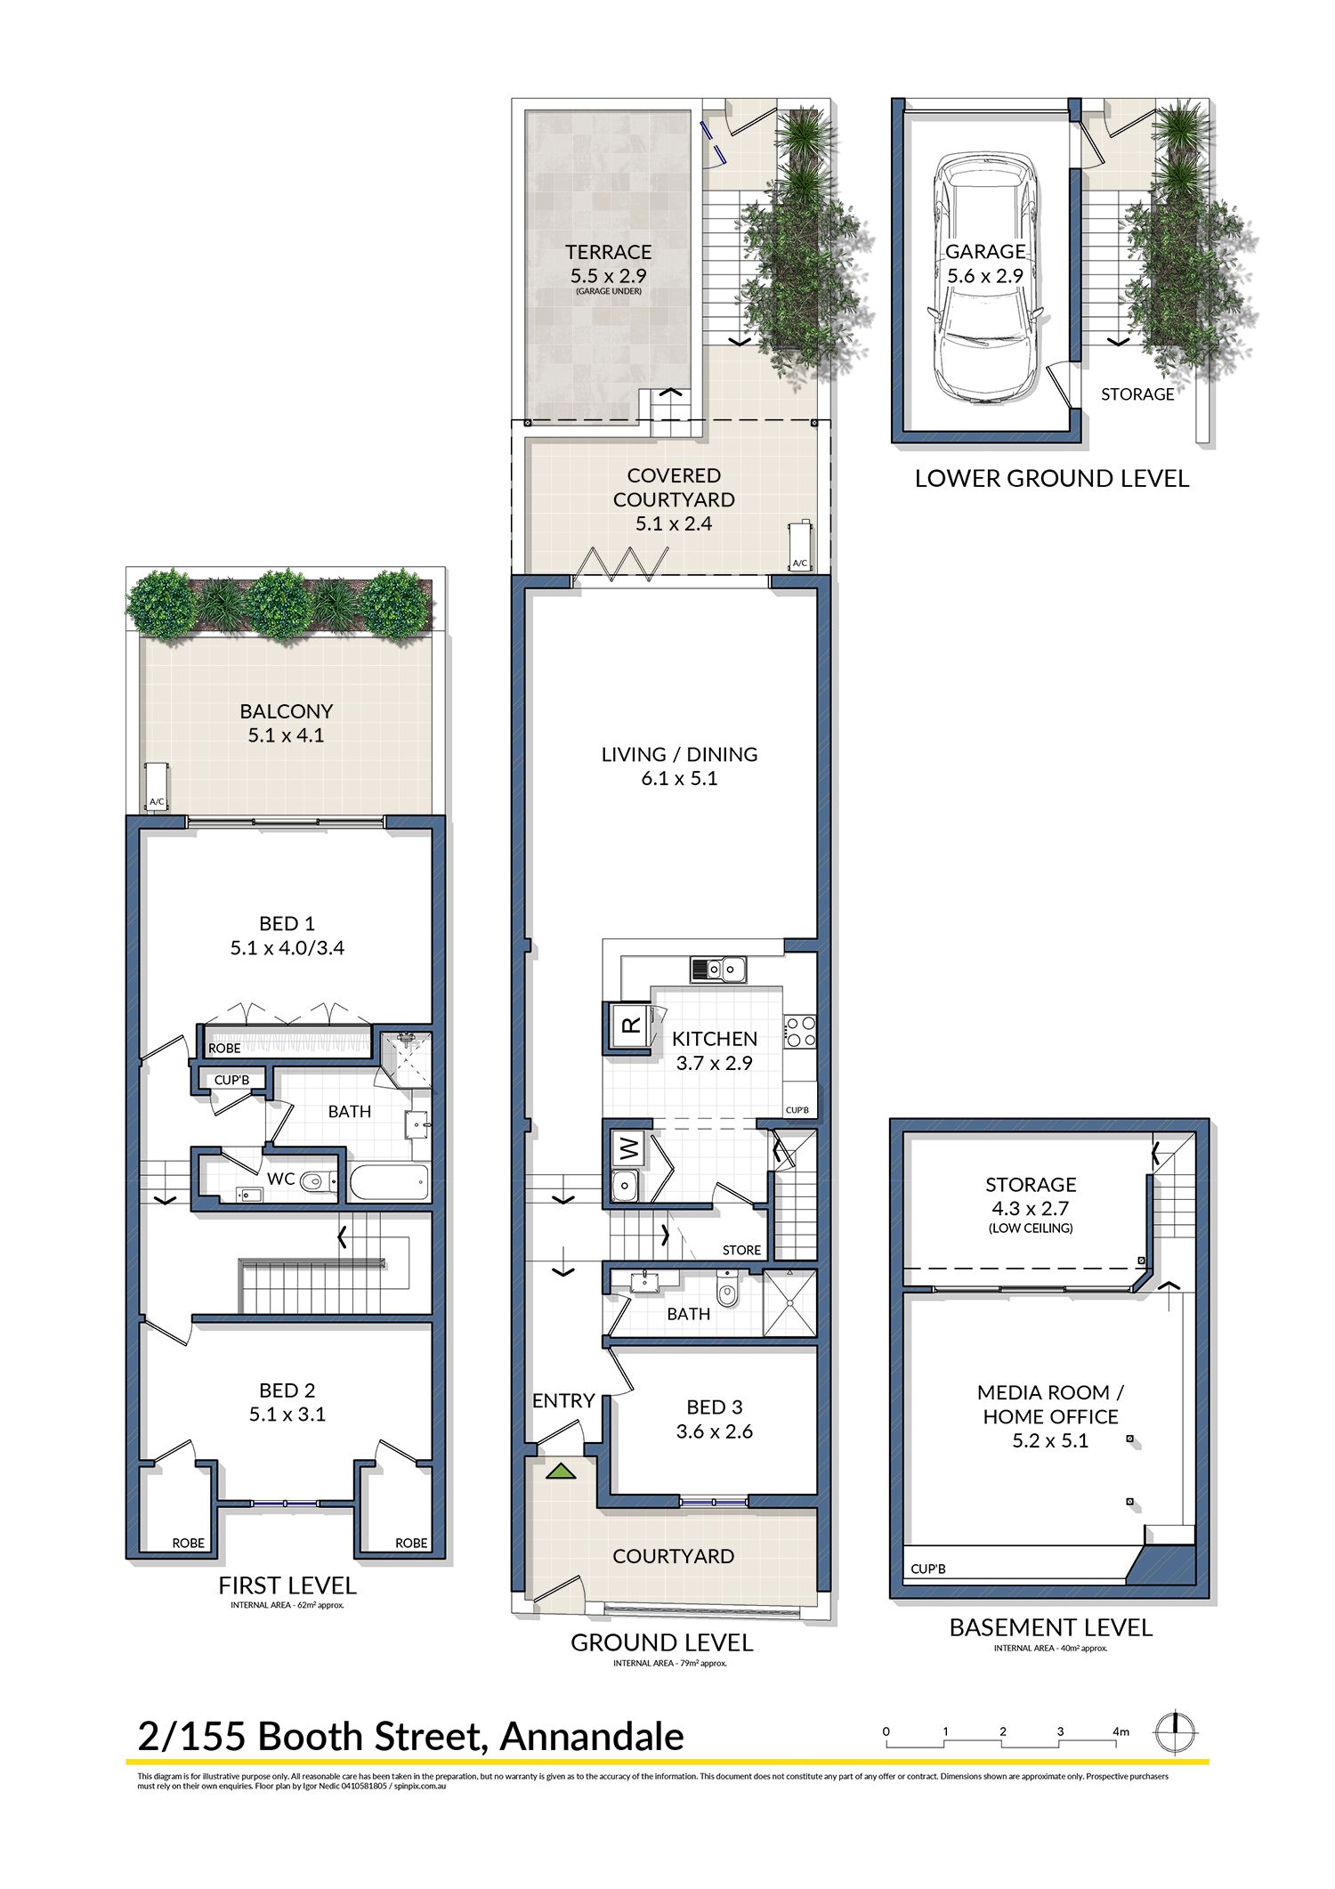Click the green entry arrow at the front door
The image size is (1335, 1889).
[x=561, y=1470]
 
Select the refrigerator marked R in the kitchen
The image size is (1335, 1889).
[x=628, y=1026]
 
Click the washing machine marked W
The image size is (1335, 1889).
[x=630, y=1149]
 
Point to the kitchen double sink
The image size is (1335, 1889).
[x=718, y=968]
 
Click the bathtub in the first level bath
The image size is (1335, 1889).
[x=389, y=1183]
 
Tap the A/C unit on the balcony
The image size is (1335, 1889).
[x=158, y=784]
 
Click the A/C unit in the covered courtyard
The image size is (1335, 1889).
[x=799, y=545]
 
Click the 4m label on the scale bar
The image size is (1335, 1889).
[x=1121, y=1731]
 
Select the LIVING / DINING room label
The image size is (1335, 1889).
[x=679, y=754]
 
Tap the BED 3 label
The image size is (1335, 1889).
[x=714, y=1407]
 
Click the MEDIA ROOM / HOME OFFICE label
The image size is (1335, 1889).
[x=1050, y=1404]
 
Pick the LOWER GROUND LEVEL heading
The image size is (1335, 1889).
[x=1051, y=478]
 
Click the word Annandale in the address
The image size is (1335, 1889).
[x=592, y=1737]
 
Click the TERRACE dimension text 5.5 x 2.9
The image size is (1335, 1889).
[x=609, y=275]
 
